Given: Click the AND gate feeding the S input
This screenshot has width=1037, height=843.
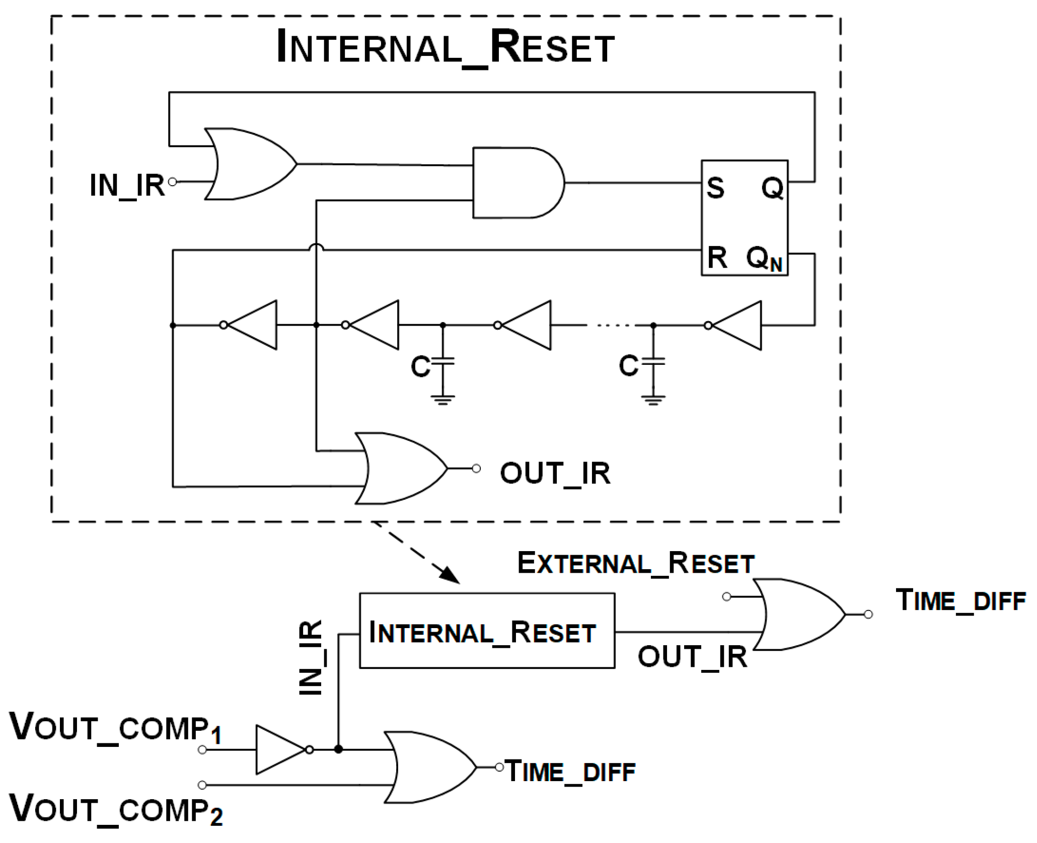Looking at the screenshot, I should coord(516,183).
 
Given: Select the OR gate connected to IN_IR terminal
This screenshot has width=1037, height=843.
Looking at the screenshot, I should coord(249,164).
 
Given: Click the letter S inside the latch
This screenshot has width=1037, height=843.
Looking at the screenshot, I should coord(715,188).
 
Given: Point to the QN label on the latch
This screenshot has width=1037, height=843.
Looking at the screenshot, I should coord(764,259).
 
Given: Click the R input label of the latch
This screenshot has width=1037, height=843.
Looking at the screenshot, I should coord(716,258).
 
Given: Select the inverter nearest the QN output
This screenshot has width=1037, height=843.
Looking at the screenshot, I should coord(737,325).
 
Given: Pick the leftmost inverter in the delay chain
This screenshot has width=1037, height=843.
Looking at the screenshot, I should coord(252,325).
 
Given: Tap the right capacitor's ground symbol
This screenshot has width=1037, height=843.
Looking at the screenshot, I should coord(653,400).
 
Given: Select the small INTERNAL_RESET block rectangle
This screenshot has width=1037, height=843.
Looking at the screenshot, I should coord(486,631).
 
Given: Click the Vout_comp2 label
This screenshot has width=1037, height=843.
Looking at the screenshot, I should coord(116,809).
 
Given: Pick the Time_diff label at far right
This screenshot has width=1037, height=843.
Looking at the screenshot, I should coord(960,600).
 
